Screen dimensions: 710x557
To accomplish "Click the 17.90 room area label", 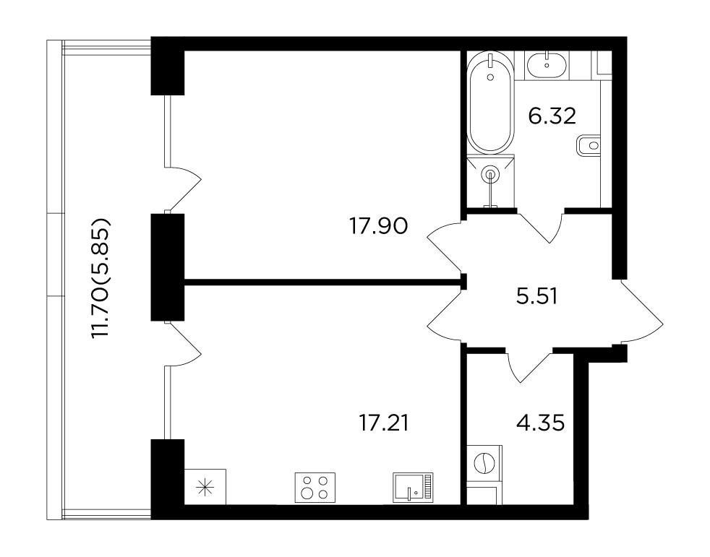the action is click(x=379, y=226).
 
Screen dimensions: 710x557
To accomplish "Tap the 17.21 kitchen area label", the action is click(x=383, y=423).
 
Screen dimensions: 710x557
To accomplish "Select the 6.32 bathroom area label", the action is click(x=552, y=116).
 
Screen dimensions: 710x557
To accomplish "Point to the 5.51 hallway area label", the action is click(x=536, y=296).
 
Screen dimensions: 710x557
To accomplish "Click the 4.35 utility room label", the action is click(x=540, y=423).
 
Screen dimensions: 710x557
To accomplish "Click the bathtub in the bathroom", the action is click(x=490, y=103).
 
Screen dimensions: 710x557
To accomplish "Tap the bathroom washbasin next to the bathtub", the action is click(x=547, y=65).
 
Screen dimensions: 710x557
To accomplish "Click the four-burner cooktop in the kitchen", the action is click(x=315, y=488).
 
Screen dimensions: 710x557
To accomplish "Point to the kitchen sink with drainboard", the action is click(x=413, y=488).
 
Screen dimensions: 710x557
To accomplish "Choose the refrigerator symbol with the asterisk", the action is click(x=205, y=486).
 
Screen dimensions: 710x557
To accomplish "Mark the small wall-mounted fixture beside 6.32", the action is click(x=589, y=146).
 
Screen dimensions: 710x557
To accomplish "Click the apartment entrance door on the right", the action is click(x=641, y=312).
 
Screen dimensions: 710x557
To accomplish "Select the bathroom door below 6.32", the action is click(x=541, y=226).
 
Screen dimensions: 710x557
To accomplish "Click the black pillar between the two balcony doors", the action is click(x=168, y=267).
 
